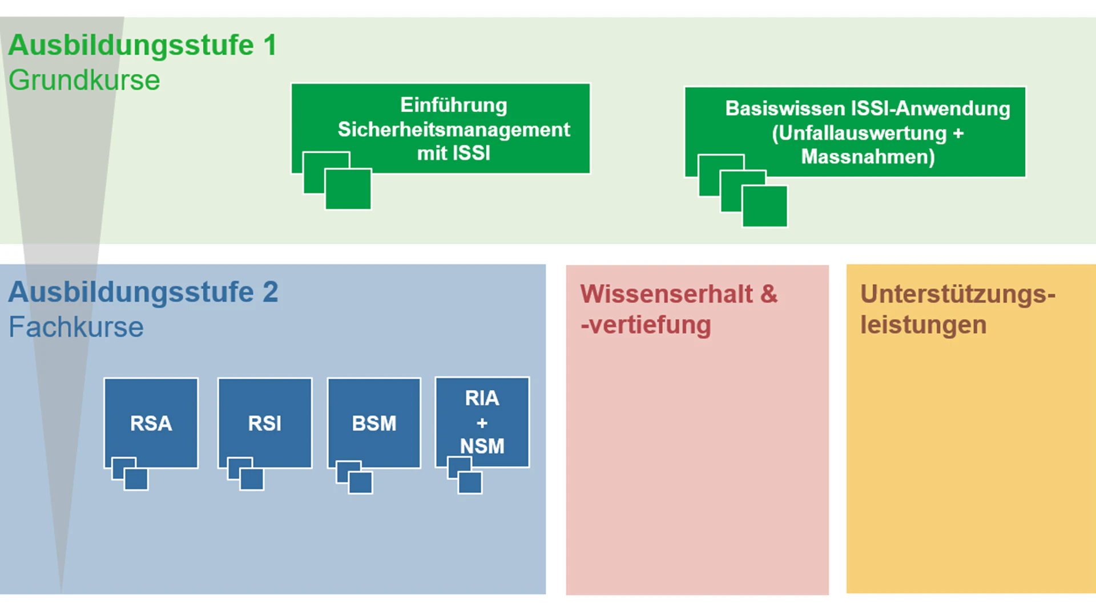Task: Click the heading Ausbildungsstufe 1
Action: pyautogui.click(x=142, y=45)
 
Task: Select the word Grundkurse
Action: pyautogui.click(x=84, y=80)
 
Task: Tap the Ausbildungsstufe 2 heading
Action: pyautogui.click(x=143, y=292)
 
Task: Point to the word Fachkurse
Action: pyautogui.click(x=76, y=327)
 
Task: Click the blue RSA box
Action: pyautogui.click(x=151, y=423)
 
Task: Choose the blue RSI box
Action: pyautogui.click(x=265, y=423)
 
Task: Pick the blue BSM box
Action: pyautogui.click(x=374, y=423)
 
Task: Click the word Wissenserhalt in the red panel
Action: pyautogui.click(x=666, y=294)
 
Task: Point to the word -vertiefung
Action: pyautogui.click(x=646, y=325)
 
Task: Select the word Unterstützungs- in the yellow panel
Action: pyautogui.click(x=957, y=294)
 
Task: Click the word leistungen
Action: pyautogui.click(x=923, y=325)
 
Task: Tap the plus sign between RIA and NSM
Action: pyautogui.click(x=482, y=423)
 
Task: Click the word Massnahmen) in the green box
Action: pyautogui.click(x=868, y=157)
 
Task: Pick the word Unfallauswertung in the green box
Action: pyautogui.click(x=859, y=133)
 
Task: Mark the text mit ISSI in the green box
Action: pyautogui.click(x=454, y=153)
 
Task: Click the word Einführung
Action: pyautogui.click(x=454, y=105)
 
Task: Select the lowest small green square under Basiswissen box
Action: pyautogui.click(x=765, y=206)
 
